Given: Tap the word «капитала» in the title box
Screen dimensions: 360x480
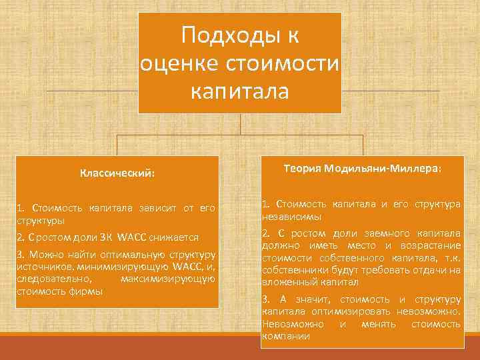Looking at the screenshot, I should click(x=239, y=91).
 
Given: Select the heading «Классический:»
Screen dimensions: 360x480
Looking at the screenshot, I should click(x=117, y=173).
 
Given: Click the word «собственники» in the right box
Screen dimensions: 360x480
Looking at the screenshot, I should click(x=293, y=270).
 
